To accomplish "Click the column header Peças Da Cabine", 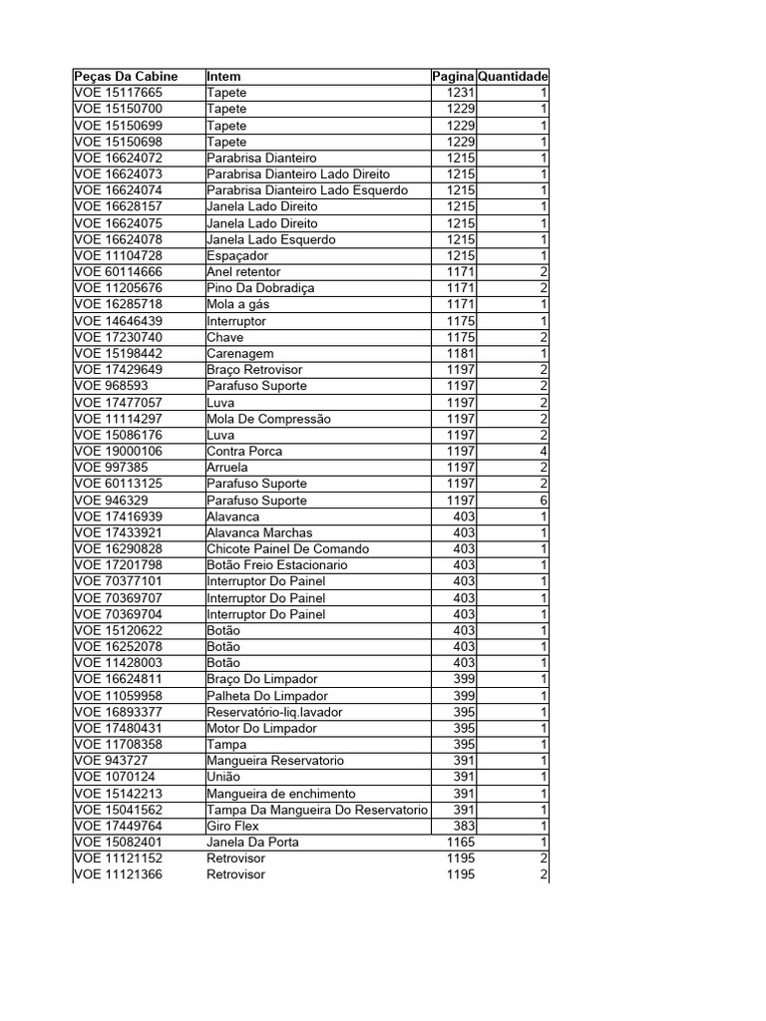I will click(126, 77).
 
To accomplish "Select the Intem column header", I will click(223, 77).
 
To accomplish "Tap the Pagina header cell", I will click(454, 77).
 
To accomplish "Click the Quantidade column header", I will click(513, 77).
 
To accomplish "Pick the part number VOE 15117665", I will click(118, 93).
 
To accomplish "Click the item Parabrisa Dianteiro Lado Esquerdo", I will click(306, 190).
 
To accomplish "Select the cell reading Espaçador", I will click(237, 256).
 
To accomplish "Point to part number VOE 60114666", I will click(118, 272).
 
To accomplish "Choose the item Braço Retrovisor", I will click(254, 369).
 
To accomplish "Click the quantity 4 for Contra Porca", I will click(544, 451).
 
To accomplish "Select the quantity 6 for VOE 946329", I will click(544, 501).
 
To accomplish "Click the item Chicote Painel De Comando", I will click(287, 549).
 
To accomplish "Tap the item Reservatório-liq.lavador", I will click(280, 712).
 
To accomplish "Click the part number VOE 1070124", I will click(114, 777).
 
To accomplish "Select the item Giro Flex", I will click(232, 826).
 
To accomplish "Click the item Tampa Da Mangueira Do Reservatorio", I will click(316, 810).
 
